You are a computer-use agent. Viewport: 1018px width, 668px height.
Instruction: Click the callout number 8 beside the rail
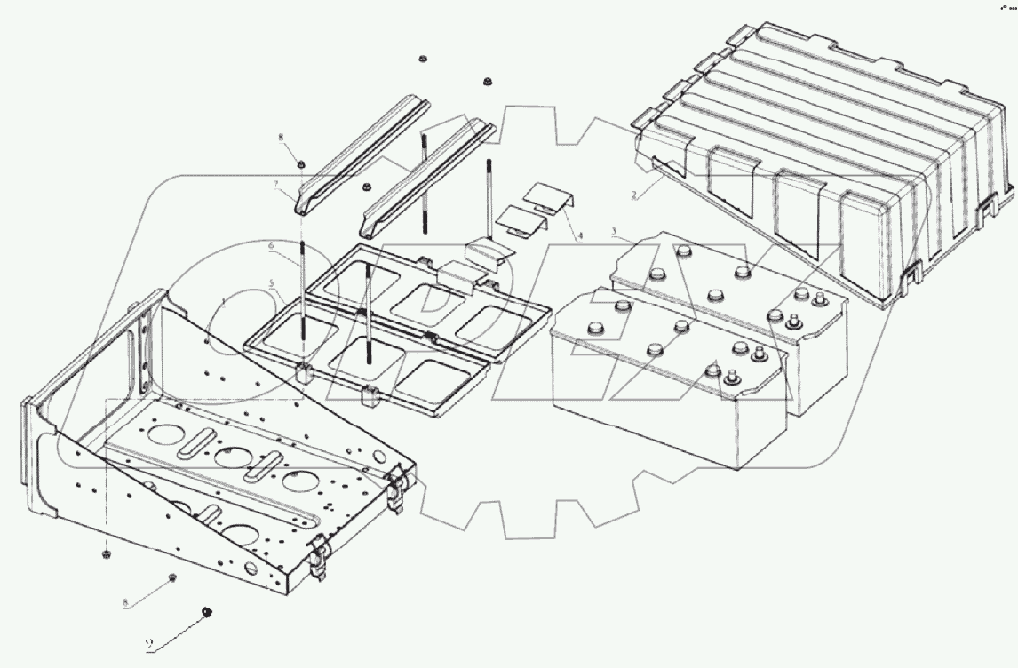[282, 139]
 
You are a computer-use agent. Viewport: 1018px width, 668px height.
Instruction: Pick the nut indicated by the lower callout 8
[171, 578]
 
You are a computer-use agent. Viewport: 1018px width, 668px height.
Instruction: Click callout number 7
[276, 184]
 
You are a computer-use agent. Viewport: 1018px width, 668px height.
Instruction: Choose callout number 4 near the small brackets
[580, 235]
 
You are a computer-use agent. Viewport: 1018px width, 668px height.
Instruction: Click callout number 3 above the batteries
[615, 231]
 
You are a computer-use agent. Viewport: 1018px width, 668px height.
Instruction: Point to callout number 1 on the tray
[225, 303]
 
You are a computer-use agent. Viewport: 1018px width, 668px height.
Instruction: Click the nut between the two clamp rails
[366, 187]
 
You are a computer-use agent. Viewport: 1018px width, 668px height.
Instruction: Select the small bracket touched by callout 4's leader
[549, 196]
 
